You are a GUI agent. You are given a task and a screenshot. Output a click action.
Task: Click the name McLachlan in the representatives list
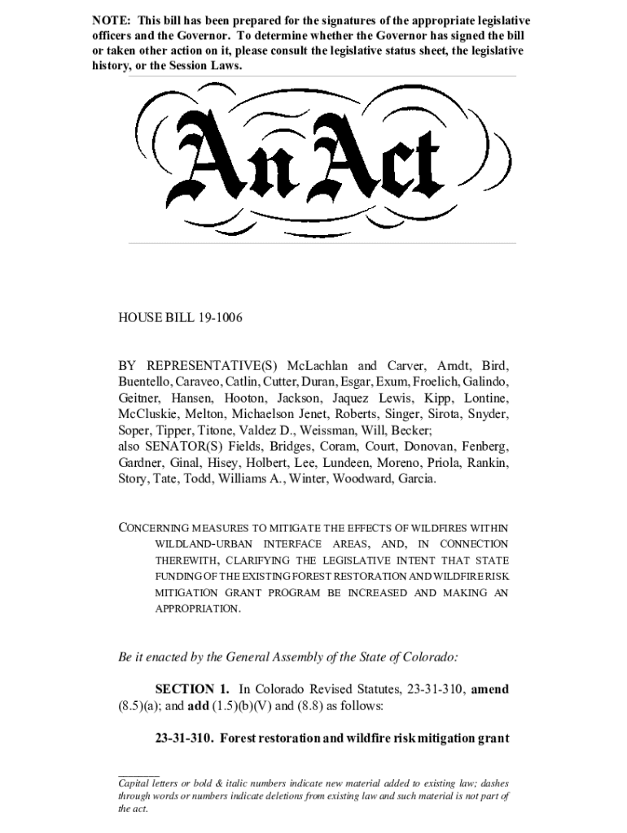click(x=319, y=365)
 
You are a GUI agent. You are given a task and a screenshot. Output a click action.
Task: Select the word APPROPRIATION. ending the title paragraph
click(x=198, y=608)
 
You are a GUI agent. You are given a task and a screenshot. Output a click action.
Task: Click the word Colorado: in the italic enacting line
click(x=432, y=655)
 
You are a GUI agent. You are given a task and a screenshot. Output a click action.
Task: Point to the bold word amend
click(x=490, y=689)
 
